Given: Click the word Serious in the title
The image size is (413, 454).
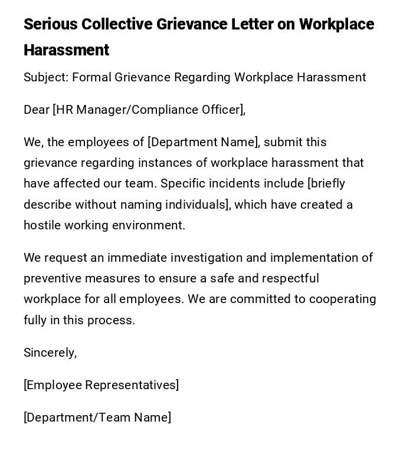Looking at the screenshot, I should click(x=50, y=24).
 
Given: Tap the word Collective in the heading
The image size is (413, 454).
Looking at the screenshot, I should click(x=116, y=24).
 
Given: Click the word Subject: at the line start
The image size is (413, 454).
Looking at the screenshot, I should click(x=46, y=77).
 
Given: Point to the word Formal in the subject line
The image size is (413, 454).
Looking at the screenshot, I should click(x=91, y=77).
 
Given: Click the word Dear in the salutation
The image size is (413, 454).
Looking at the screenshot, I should click(x=36, y=110).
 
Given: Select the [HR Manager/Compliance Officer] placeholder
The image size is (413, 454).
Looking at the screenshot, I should click(x=149, y=110).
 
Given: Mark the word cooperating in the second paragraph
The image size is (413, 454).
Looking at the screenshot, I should click(x=343, y=299).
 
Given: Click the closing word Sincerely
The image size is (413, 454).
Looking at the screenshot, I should click(x=50, y=353).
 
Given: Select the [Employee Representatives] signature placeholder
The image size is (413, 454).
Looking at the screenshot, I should click(x=101, y=385).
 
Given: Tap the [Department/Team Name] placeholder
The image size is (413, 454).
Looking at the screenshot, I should click(x=97, y=417).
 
